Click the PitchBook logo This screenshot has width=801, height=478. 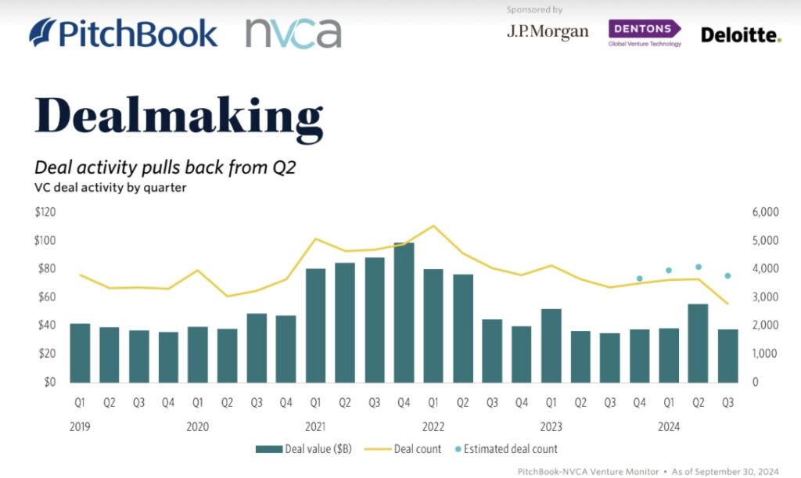pos(123,33)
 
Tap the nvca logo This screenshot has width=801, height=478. pos(293,34)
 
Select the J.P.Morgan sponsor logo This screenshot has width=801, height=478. pos(548,31)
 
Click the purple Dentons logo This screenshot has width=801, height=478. pos(645,33)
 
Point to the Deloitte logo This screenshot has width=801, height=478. pos(742,35)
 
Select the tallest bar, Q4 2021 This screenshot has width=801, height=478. pos(404,313)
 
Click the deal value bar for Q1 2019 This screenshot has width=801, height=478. pos(80,353)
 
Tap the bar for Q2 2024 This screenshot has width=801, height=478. pos(698,343)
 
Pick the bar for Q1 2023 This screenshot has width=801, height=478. pos(551,346)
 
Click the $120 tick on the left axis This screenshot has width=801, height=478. pos(45,212)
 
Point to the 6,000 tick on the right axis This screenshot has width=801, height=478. pos(765,212)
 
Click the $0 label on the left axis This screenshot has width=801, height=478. pos(49,382)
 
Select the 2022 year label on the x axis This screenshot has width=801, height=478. pos(433,426)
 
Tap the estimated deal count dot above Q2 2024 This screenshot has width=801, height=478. pos(699,267)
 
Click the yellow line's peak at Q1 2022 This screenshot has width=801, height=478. pos(433,226)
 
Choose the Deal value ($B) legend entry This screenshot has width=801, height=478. pos(304,449)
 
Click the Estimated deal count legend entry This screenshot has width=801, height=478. pos(506,449)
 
